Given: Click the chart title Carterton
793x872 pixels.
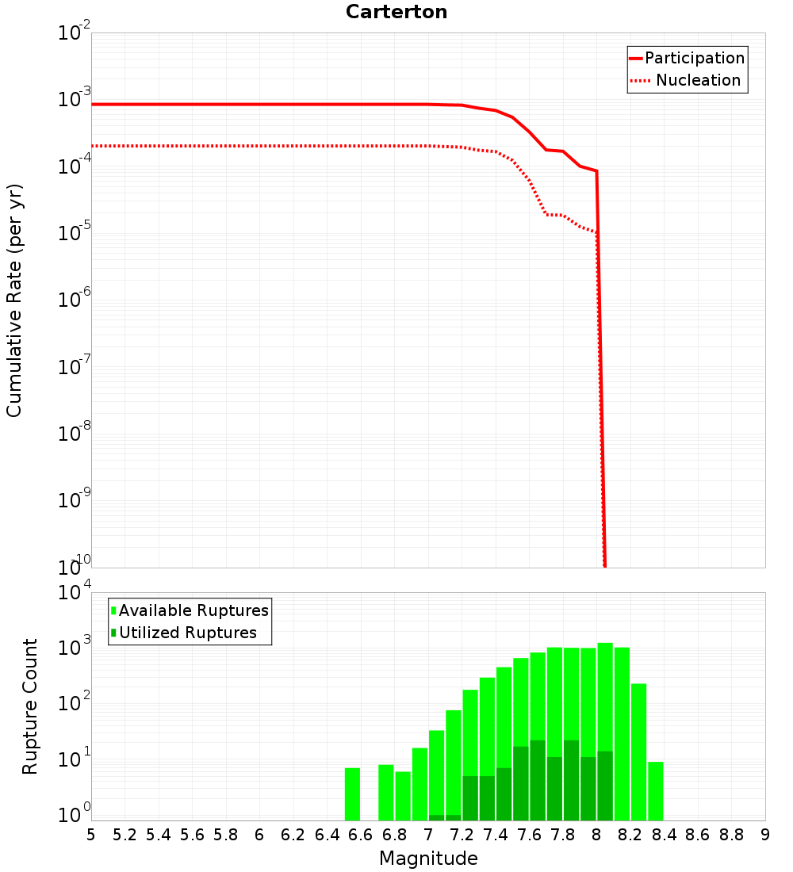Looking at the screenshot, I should coord(396,13).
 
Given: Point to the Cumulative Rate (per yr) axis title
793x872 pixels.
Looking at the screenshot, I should coord(14,300).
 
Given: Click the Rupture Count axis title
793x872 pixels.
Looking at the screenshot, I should coord(30,706).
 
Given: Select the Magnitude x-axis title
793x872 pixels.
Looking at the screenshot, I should coord(428,859).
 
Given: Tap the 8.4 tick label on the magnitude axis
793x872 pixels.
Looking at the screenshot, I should coord(664,835).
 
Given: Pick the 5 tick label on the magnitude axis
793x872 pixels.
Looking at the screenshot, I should coord(91,835).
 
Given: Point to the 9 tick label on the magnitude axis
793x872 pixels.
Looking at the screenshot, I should coord(765,835).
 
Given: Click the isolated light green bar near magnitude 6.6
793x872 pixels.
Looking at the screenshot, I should coord(353,794).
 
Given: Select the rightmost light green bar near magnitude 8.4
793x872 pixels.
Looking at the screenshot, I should coord(656,791).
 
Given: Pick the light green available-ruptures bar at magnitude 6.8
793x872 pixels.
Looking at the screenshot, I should coord(403,796).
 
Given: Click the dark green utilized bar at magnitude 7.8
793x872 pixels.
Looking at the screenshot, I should coord(571,781).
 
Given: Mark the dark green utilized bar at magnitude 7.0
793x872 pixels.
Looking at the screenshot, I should coord(436,817).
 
